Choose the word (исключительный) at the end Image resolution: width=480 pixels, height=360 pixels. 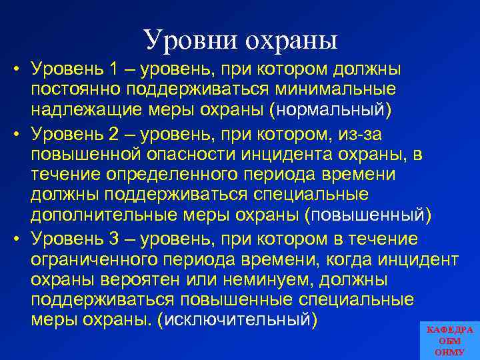(235, 318)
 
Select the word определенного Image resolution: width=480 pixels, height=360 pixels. (163, 175)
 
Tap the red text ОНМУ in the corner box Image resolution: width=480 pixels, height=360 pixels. (449, 351)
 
